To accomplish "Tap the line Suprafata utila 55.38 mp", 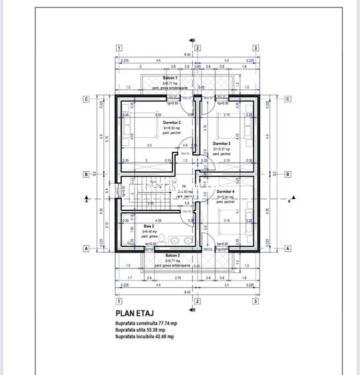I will click(140, 330).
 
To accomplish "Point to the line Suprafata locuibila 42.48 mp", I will click(144, 337).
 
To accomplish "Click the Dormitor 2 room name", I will click(172, 123).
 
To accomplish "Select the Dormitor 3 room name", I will click(222, 144).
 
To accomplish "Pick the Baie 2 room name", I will click(149, 226).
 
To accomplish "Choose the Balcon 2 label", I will click(172, 255).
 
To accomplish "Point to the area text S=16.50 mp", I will click(172, 128).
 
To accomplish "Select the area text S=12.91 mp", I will click(226, 197).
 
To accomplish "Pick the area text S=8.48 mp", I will click(149, 231).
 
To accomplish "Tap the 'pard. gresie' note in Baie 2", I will click(149, 236).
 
